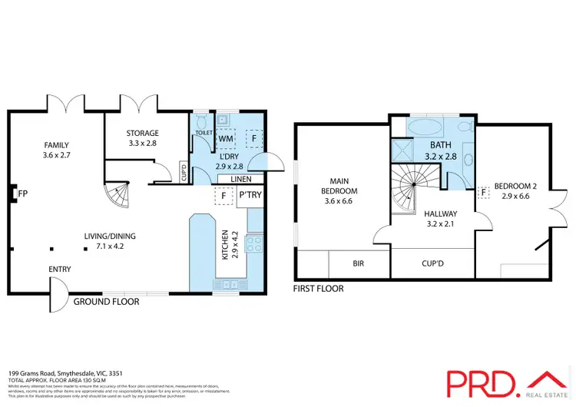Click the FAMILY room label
tap(56, 144)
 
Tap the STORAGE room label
tap(143, 133)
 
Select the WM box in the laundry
tap(226, 139)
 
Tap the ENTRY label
tap(60, 270)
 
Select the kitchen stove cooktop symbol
tap(253, 245)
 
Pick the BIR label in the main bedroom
tap(358, 263)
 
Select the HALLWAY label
tap(440, 214)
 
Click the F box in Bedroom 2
tap(483, 192)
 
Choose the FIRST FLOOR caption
tap(318, 289)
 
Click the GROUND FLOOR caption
tap(106, 302)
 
